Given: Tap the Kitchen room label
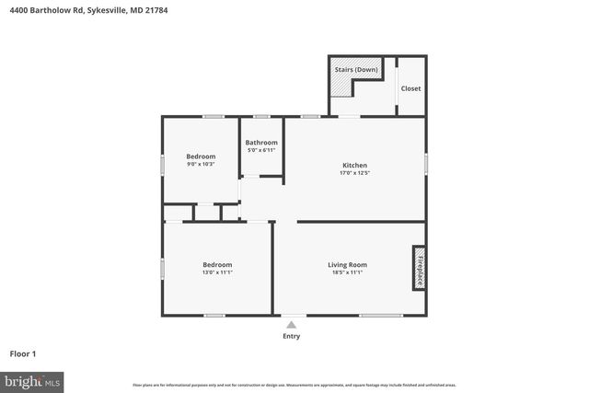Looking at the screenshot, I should (x=354, y=166).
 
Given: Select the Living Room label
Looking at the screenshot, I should (x=347, y=265).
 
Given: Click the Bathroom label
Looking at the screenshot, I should (x=261, y=143).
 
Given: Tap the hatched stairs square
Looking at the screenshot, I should (x=342, y=85).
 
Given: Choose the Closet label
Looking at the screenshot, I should (x=410, y=88).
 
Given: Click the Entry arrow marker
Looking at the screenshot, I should (x=291, y=324).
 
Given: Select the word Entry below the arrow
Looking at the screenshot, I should (x=291, y=336).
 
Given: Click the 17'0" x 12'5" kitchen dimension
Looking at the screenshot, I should (x=354, y=173).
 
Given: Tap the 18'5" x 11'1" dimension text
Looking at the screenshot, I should (x=347, y=272).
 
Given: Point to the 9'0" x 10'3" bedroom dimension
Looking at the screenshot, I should (x=201, y=164).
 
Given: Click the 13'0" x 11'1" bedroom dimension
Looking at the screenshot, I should (x=217, y=272).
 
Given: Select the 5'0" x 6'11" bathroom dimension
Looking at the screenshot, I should (x=261, y=150).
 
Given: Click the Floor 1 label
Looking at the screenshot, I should (x=23, y=353).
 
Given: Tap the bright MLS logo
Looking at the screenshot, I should (x=32, y=379).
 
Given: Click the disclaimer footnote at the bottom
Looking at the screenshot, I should (x=294, y=385).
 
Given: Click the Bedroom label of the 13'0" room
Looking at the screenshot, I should (x=217, y=265).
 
